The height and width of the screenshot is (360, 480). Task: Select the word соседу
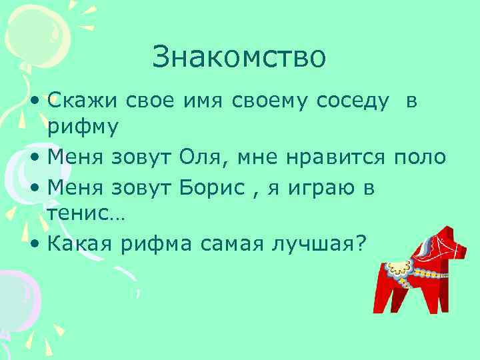(x=354, y=102)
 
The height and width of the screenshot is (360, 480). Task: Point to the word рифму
(x=82, y=127)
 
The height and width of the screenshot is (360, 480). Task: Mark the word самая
(x=222, y=245)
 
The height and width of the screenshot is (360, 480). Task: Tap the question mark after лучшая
(x=361, y=244)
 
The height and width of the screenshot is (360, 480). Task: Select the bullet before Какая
(x=35, y=245)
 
